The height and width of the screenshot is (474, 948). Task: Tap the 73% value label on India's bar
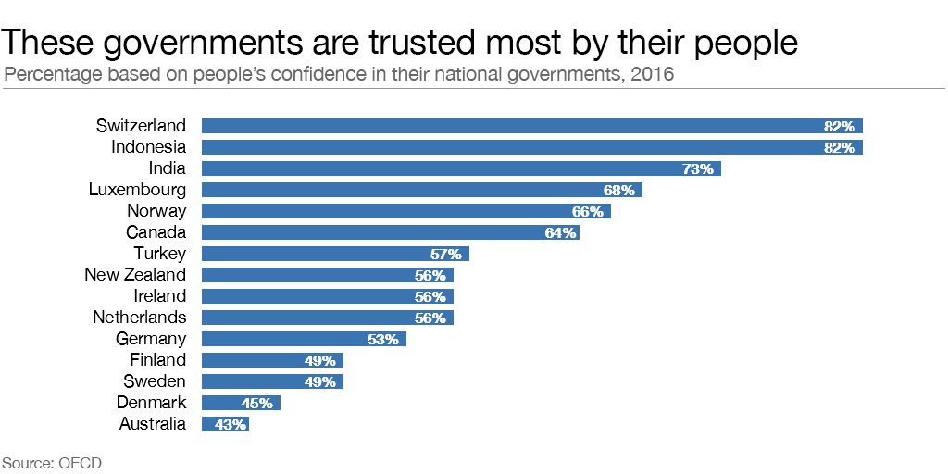point(698,168)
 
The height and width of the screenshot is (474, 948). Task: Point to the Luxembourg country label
point(137,190)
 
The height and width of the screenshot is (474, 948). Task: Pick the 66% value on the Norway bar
point(588,211)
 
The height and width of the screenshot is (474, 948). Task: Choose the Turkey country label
point(159,254)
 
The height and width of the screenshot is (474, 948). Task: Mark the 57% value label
point(446,254)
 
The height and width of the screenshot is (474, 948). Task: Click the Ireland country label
point(159,296)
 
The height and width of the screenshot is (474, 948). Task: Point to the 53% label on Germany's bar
point(383,339)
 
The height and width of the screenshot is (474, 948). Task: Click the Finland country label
point(157,360)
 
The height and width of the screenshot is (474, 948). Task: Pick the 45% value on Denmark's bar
point(257,403)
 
